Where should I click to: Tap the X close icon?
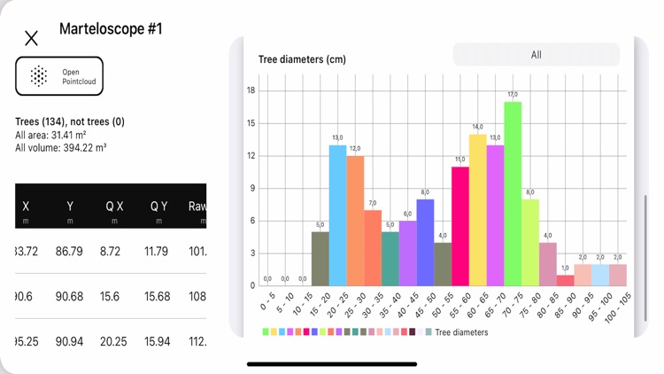click(x=31, y=38)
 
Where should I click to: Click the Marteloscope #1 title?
click(x=111, y=29)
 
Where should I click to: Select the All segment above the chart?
click(x=536, y=55)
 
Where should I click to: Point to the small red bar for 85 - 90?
click(x=565, y=280)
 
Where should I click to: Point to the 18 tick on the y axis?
click(x=251, y=90)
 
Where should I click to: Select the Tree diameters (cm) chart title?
click(x=302, y=59)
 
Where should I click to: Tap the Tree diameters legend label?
click(x=461, y=332)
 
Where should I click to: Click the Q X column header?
click(x=114, y=206)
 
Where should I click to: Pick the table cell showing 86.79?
click(x=69, y=252)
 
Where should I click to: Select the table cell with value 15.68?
click(x=158, y=296)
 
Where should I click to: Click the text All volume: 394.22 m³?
click(x=61, y=148)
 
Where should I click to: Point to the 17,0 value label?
click(x=513, y=95)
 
